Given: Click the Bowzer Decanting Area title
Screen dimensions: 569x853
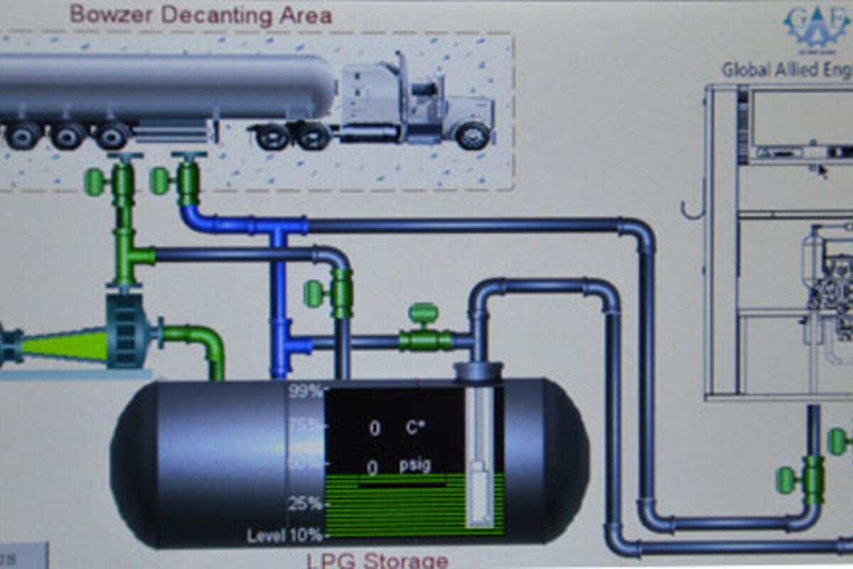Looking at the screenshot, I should pyautogui.click(x=201, y=15).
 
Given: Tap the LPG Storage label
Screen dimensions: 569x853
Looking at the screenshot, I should pyautogui.click(x=377, y=560).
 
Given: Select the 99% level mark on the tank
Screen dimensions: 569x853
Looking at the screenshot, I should pyautogui.click(x=304, y=390).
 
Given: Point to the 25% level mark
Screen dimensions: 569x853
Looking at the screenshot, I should pyautogui.click(x=304, y=504).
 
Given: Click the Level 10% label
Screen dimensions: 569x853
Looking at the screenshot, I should pyautogui.click(x=284, y=536).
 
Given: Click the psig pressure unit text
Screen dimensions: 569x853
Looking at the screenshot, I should pyautogui.click(x=414, y=465).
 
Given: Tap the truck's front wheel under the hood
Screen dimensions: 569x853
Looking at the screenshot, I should pyautogui.click(x=473, y=135).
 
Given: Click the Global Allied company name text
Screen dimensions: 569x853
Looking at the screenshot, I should pyautogui.click(x=786, y=70).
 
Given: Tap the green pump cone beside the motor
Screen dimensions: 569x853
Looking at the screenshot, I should pyautogui.click(x=64, y=346).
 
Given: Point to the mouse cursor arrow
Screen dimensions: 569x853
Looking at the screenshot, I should pyautogui.click(x=822, y=171).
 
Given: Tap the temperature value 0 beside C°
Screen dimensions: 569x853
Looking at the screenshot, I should pyautogui.click(x=374, y=428).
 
